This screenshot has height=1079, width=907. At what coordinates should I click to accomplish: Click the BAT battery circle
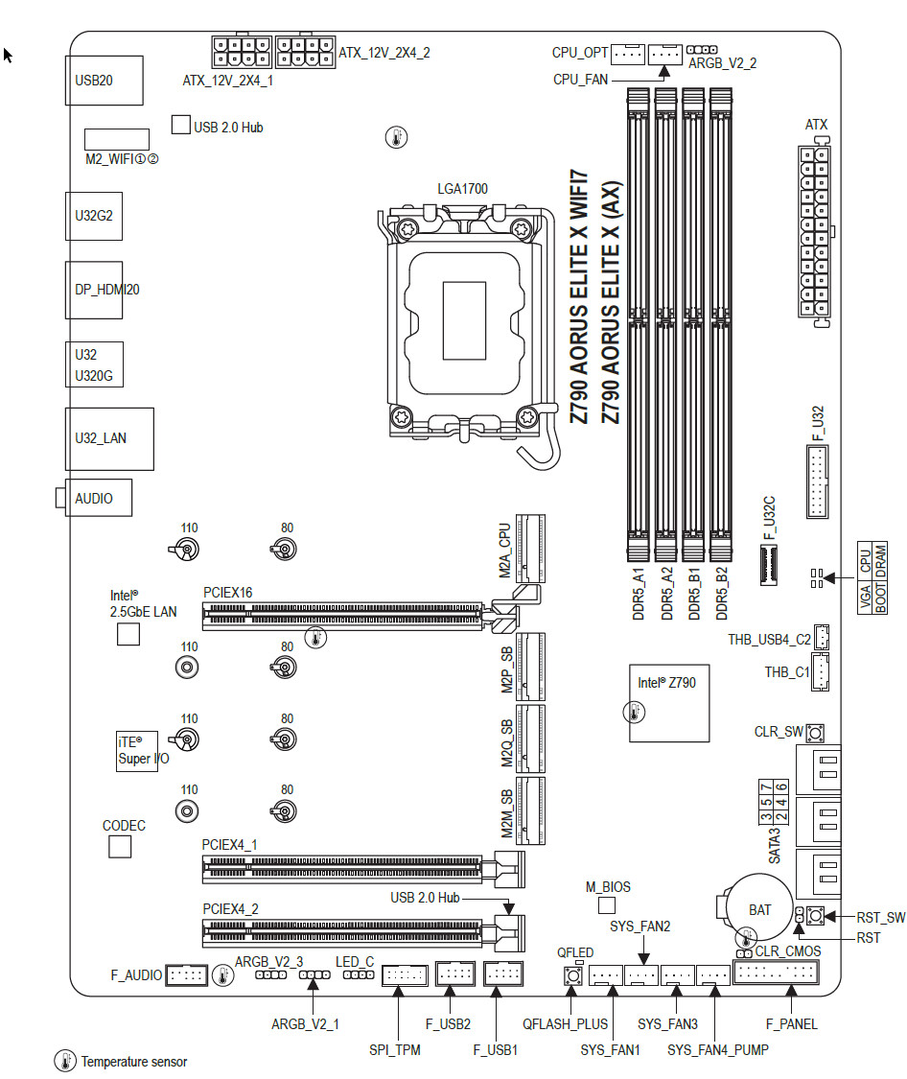pyautogui.click(x=759, y=906)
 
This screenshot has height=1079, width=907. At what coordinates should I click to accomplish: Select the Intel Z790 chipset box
pyautogui.click(x=668, y=702)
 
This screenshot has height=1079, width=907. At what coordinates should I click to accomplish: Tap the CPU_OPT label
pyautogui.click(x=579, y=53)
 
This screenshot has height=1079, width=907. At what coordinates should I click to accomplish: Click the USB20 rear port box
pyautogui.click(x=104, y=81)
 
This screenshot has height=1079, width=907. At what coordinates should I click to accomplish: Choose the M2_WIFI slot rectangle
pyautogui.click(x=116, y=139)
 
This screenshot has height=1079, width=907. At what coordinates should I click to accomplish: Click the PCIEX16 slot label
pyautogui.click(x=227, y=594)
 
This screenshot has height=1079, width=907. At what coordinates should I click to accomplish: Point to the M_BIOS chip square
pyautogui.click(x=606, y=905)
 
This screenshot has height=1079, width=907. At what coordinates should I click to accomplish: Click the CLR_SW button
pyautogui.click(x=815, y=734)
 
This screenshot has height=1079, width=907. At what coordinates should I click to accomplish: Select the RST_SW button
pyautogui.click(x=815, y=917)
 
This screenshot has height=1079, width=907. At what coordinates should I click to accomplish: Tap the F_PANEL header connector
pyautogui.click(x=776, y=973)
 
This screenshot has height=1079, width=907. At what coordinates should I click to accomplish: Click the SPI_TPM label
pyautogui.click(x=395, y=1049)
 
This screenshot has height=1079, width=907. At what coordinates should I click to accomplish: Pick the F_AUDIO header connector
pyautogui.click(x=187, y=975)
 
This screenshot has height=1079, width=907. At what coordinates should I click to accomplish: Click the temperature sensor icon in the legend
pyautogui.click(x=65, y=1061)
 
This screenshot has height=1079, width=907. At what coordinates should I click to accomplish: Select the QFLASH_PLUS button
pyautogui.click(x=572, y=975)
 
